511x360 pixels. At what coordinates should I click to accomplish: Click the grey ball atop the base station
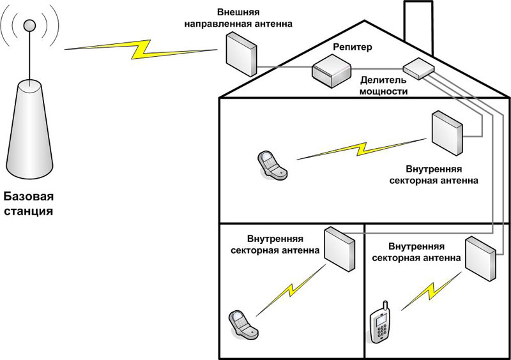click(x=29, y=26)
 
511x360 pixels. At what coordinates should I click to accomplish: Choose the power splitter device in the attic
click(x=417, y=68)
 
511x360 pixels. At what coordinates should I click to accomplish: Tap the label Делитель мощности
click(x=384, y=86)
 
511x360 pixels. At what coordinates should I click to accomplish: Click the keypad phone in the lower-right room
click(x=381, y=326)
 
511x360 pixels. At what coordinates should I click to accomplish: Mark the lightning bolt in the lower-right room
click(x=432, y=291)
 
